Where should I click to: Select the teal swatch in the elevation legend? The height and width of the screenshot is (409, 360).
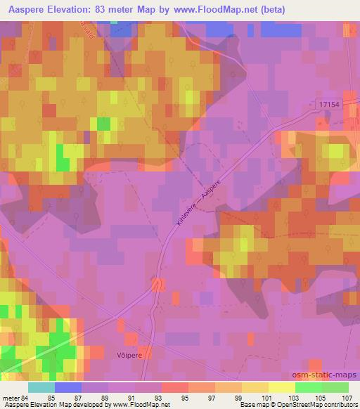pos(41,387)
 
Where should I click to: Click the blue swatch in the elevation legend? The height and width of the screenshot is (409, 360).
pos(68,387)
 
